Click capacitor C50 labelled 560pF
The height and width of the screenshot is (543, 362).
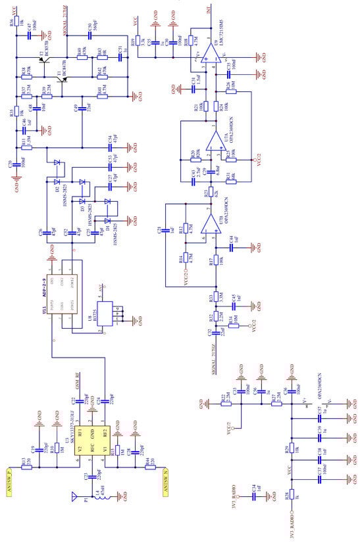(83, 31)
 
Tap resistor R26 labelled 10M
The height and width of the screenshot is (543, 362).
(232, 85)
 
